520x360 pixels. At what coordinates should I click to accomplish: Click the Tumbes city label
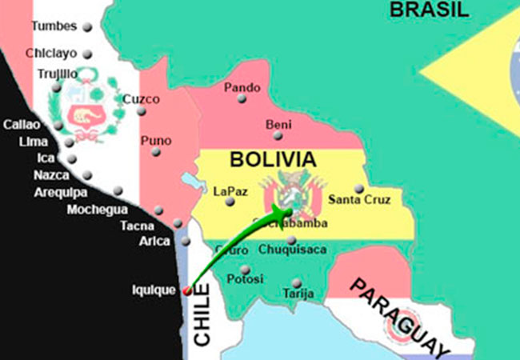pyautogui.click(x=54, y=26)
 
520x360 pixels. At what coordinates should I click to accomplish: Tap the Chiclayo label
pyautogui.click(x=51, y=54)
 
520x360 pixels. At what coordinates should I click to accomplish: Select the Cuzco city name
pyautogui.click(x=141, y=99)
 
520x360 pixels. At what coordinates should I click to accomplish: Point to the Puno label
pyautogui.click(x=155, y=141)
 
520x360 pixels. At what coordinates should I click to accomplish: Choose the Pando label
pyautogui.click(x=242, y=87)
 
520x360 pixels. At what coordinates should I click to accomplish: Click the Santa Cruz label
pyautogui.click(x=360, y=200)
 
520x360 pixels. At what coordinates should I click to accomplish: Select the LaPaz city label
pyautogui.click(x=231, y=191)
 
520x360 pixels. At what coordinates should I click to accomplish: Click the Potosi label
pyautogui.click(x=245, y=279)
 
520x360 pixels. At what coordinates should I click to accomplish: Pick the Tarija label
pyautogui.click(x=296, y=294)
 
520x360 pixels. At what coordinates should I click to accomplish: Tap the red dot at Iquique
pyautogui.click(x=187, y=290)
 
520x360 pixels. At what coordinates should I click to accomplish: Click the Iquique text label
pyautogui.click(x=153, y=290)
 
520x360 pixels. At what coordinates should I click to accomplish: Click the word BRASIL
pyautogui.click(x=428, y=10)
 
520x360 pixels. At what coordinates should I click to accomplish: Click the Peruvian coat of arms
pyautogui.click(x=83, y=113)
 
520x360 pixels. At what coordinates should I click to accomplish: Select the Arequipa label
pyautogui.click(x=61, y=193)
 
